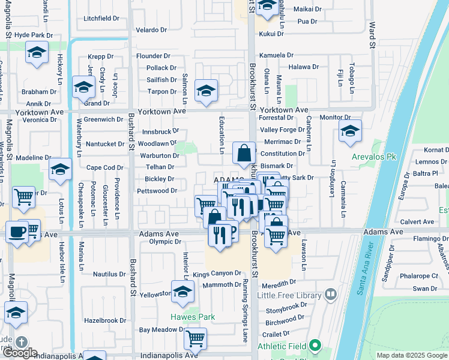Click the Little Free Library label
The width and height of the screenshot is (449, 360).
click(290, 295)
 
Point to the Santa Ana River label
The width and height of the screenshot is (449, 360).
click(369, 269)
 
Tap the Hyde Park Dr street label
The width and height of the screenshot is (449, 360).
click(34, 35)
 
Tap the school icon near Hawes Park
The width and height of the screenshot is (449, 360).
click(182, 292)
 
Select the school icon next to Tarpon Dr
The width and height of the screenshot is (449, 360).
click(206, 91)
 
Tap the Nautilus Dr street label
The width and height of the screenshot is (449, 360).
click(109, 274)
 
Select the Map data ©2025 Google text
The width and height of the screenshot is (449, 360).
click(412, 355)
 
